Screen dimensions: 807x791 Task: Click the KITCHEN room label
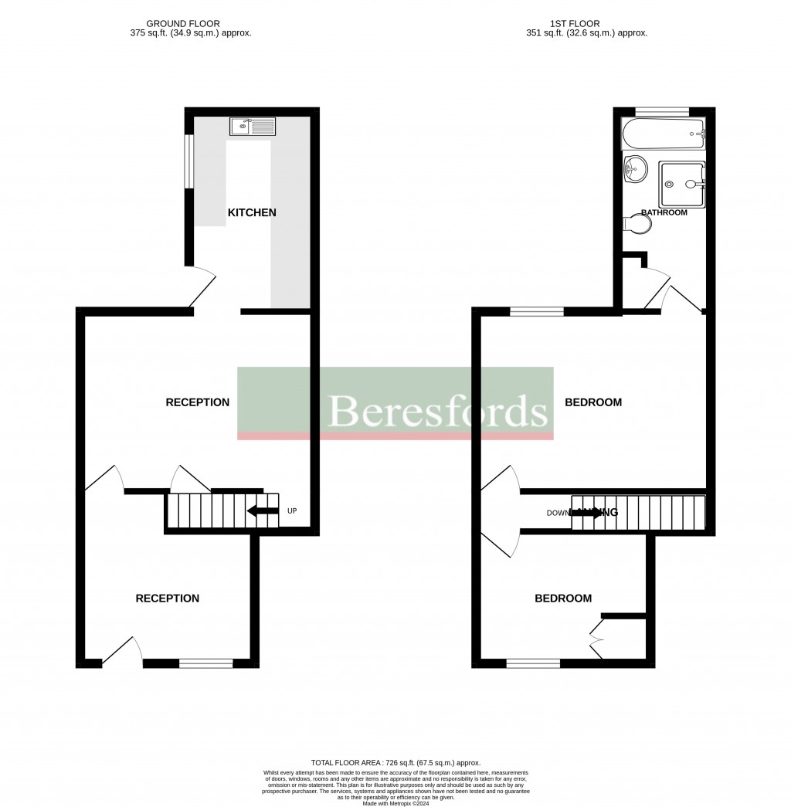click(x=251, y=212)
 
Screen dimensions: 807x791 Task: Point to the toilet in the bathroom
click(x=637, y=223)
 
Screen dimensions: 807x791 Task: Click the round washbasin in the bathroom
click(x=636, y=168)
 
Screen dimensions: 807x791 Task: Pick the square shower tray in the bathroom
click(x=681, y=185)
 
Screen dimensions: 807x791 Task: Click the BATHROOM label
click(x=664, y=212)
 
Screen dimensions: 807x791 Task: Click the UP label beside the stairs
click(x=291, y=511)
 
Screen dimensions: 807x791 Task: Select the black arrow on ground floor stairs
click(x=263, y=511)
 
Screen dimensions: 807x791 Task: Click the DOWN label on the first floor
click(x=558, y=513)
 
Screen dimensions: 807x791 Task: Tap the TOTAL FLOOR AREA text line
click(x=395, y=763)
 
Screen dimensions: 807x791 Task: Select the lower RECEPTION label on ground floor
click(x=168, y=598)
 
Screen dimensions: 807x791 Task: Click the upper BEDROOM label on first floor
click(x=593, y=402)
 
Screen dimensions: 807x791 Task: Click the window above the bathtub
click(x=661, y=112)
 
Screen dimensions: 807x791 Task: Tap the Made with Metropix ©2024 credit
click(x=395, y=802)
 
